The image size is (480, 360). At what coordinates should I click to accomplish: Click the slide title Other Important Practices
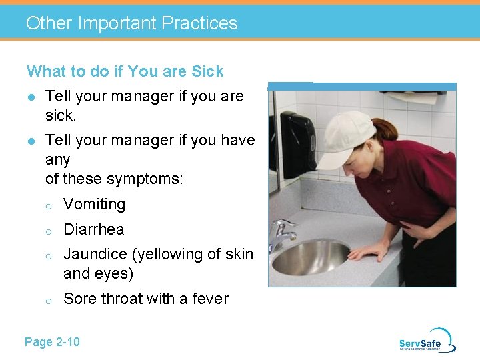131,23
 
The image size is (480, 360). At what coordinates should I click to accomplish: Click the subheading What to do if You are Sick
125,71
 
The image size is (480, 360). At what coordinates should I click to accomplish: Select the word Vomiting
94,205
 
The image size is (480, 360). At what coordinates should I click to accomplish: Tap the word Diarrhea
93,230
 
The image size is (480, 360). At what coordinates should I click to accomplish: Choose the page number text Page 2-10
52,342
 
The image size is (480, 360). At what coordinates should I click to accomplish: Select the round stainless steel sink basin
310,258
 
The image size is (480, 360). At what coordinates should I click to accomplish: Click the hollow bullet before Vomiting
48,206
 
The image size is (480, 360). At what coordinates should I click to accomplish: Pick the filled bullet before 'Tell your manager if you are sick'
31,97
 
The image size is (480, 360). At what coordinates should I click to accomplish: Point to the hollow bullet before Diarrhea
48,231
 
